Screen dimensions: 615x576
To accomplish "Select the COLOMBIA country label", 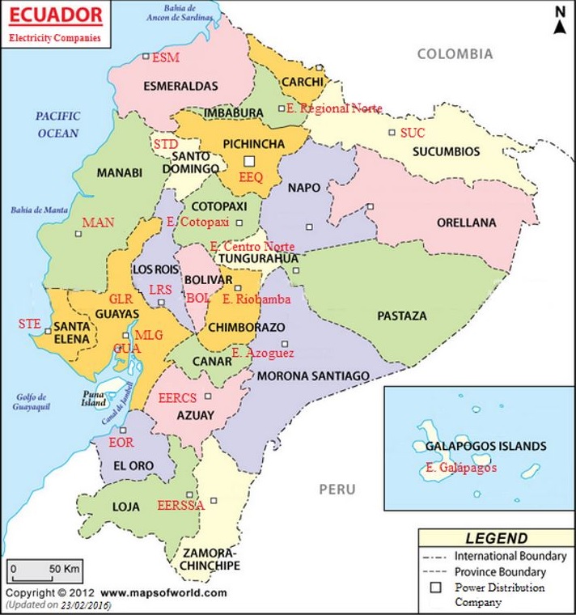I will pyautogui.click(x=454, y=54).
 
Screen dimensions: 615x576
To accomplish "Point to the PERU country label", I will pyautogui.click(x=337, y=490).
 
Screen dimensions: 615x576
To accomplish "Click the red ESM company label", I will pyautogui.click(x=165, y=58).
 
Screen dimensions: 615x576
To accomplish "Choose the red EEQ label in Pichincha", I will pyautogui.click(x=251, y=177).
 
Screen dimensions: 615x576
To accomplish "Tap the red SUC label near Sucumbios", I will pyautogui.click(x=412, y=132).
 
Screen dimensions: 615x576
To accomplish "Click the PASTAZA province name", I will pyautogui.click(x=401, y=316).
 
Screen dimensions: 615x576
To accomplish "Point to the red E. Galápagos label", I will pyautogui.click(x=460, y=468).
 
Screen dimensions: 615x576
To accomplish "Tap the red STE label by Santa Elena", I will pyautogui.click(x=29, y=324).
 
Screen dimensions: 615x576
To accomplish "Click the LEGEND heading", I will pyautogui.click(x=496, y=538).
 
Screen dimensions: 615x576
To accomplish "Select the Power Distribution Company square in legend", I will pyautogui.click(x=435, y=588).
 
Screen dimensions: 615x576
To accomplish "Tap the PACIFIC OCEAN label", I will pyautogui.click(x=57, y=125).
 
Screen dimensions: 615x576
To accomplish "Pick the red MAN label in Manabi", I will pyautogui.click(x=98, y=223).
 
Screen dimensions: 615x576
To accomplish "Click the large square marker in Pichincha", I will pyautogui.click(x=250, y=161).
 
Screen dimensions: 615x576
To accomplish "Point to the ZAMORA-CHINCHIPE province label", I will pyautogui.click(x=210, y=558).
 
